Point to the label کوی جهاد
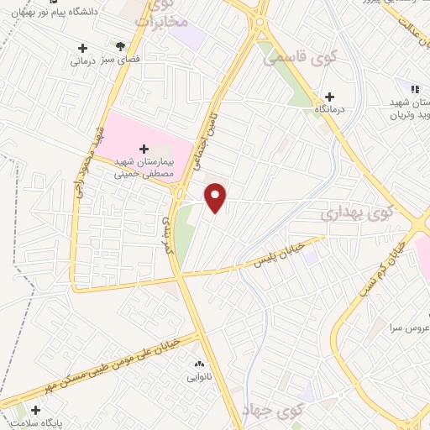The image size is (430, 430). click(x=280, y=412)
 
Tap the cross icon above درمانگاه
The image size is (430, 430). click(x=329, y=97)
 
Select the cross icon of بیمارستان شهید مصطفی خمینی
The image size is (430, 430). click(x=144, y=148)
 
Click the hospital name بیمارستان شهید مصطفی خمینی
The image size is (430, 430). click(x=144, y=167)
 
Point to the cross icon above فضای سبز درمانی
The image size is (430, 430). click(x=81, y=48)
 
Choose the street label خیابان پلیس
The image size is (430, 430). click(x=277, y=257)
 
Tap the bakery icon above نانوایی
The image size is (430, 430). click(x=199, y=364)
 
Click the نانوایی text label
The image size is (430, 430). click(x=199, y=377)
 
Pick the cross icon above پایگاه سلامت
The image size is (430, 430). click(x=35, y=410)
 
